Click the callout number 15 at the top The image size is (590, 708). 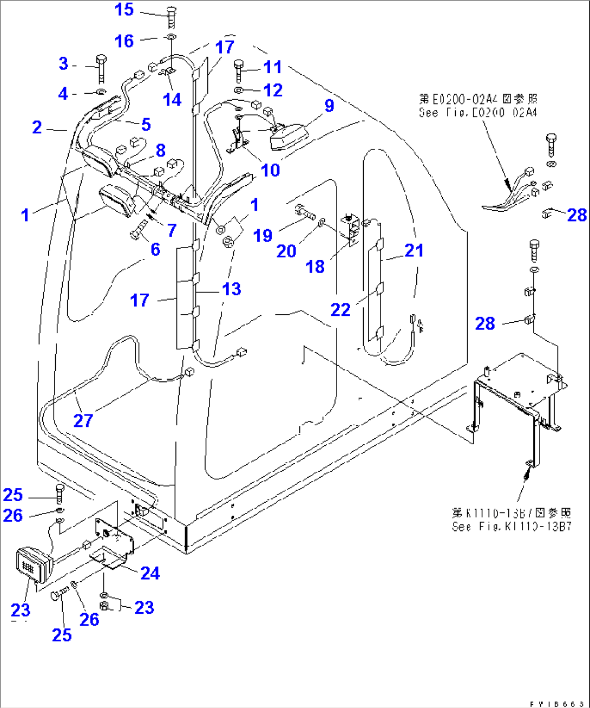tap(124, 9)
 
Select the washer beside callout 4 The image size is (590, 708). tap(101, 93)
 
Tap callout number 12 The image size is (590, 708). tap(273, 90)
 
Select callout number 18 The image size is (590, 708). tap(315, 266)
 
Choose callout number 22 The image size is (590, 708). tap(341, 309)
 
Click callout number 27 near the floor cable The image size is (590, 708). tap(83, 420)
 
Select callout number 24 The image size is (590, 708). tap(150, 573)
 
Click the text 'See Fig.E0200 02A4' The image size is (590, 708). tap(477, 112)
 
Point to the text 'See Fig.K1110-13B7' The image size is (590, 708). tap(512, 526)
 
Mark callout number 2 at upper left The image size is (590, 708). tap(37, 127)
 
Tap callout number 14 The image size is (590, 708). tap(172, 99)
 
